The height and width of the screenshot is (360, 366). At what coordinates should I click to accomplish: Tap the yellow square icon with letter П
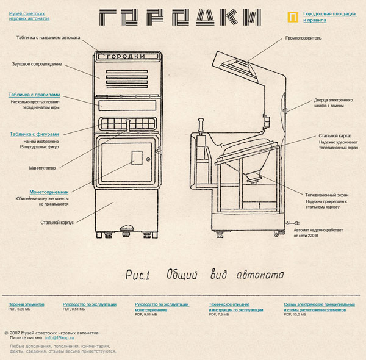293,16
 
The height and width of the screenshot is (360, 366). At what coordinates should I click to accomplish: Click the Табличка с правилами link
34,95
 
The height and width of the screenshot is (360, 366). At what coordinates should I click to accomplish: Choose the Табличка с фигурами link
34,134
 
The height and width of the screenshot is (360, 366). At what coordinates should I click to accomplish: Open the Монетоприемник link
49,192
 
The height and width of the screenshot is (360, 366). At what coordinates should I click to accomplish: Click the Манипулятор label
42,167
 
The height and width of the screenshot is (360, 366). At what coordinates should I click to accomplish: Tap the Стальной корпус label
57,222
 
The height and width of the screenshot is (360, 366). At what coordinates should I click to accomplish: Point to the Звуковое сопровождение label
37,63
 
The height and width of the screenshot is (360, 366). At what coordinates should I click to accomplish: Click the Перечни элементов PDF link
26,304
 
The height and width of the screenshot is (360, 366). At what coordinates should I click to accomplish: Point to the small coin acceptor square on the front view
137,157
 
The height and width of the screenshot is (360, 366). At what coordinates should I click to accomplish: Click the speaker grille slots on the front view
127,78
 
